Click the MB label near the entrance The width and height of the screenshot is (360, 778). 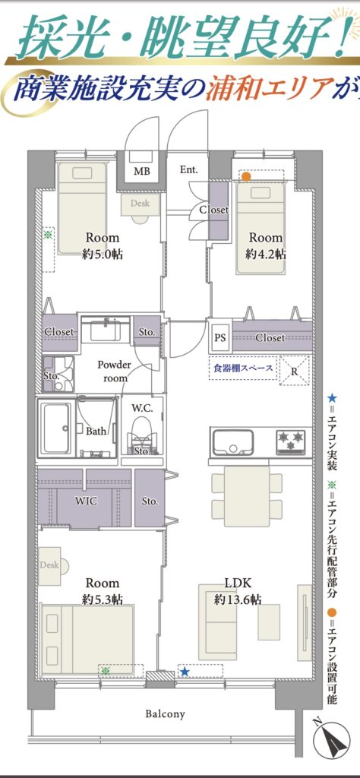(141, 172)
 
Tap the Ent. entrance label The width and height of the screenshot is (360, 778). (188, 169)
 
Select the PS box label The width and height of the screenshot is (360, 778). (220, 338)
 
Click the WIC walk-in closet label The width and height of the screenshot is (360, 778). (86, 501)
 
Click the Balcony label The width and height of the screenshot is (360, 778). (165, 714)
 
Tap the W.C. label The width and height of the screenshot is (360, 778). (141, 410)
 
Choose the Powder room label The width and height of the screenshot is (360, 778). (114, 371)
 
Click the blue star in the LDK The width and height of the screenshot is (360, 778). (185, 672)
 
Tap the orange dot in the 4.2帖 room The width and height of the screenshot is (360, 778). (246, 176)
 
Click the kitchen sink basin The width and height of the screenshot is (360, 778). (233, 441)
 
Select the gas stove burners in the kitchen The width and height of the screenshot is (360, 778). (291, 441)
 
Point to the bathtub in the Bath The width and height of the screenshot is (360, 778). (58, 429)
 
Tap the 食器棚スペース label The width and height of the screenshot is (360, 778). (243, 368)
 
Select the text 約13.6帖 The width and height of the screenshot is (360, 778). (238, 599)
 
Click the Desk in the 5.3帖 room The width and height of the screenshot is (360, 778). (49, 565)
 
